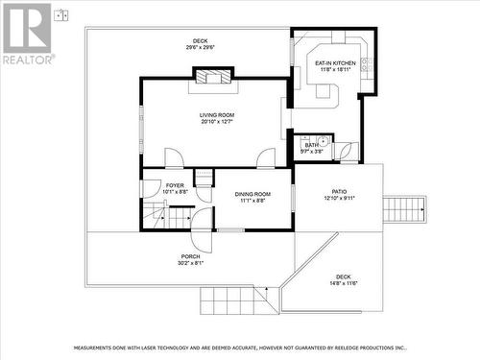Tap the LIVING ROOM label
tap(217, 115)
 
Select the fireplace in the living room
tap(213, 77)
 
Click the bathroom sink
tap(324, 142)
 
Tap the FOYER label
tap(175, 185)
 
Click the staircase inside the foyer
tap(168, 220)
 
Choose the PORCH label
tap(190, 256)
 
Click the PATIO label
tap(339, 191)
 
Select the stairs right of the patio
tap(403, 208)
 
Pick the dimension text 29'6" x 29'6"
tap(201, 47)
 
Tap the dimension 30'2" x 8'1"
tap(190, 263)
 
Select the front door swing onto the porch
tap(200, 217)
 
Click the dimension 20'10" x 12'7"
tap(217, 122)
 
